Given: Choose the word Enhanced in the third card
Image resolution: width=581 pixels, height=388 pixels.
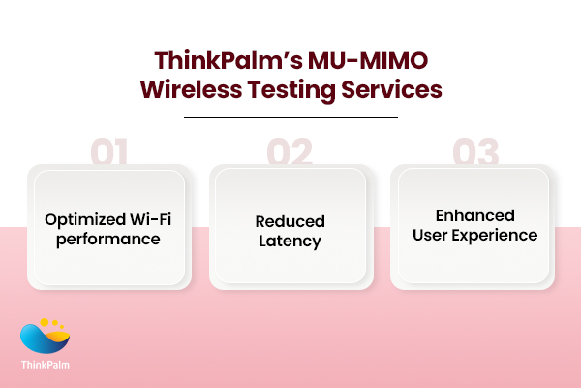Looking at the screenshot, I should [474, 215].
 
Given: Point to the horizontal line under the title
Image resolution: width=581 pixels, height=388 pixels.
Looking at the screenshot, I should [290, 117].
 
